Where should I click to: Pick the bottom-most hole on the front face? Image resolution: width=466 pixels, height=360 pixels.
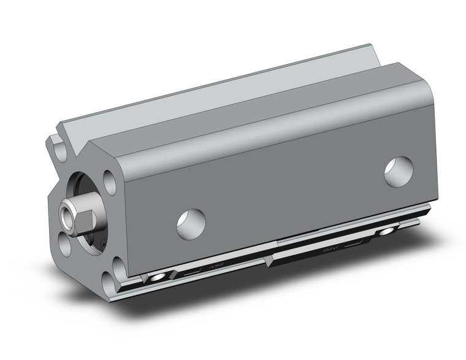(x=110, y=281)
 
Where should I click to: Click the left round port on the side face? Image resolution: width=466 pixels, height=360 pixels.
(x=191, y=224)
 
